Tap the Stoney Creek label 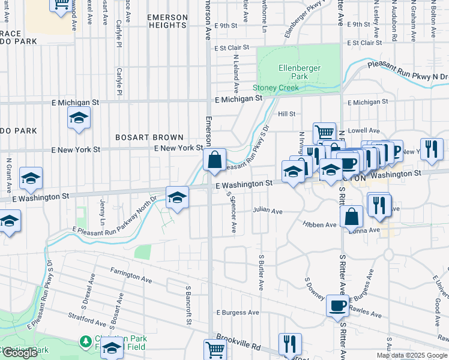coord(279,88)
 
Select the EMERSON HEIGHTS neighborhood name coord(167,21)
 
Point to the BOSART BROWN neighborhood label coord(149,137)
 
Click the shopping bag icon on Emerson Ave coord(214,160)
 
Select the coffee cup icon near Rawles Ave coord(337,306)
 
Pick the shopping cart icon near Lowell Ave coord(324,132)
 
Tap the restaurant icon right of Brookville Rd coord(290,344)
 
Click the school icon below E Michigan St coord(78,119)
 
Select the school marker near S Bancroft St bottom coord(112,348)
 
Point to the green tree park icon coord(86,341)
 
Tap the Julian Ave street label coord(267,211)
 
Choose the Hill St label coord(286,114)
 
